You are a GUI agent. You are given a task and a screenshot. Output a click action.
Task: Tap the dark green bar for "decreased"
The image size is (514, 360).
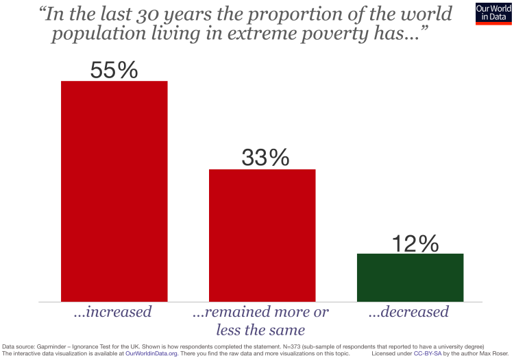click(x=410, y=277)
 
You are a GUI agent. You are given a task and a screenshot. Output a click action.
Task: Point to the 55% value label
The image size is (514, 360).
click(x=114, y=70)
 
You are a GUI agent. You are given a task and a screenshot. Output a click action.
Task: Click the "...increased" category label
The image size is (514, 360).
click(x=113, y=312)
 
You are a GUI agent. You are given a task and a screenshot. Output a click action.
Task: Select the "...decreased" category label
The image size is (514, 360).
click(x=408, y=312)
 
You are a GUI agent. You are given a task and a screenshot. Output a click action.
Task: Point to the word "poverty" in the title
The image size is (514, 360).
click(x=338, y=34)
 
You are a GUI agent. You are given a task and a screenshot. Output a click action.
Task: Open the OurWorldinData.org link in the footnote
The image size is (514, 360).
click(x=151, y=354)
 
